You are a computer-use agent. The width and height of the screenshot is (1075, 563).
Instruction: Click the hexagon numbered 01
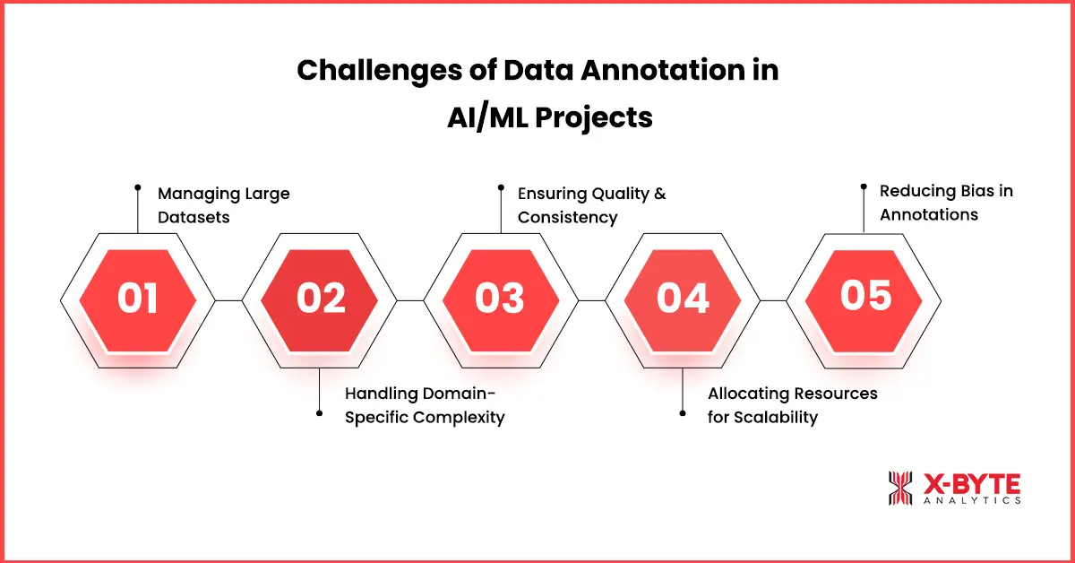[x=137, y=299]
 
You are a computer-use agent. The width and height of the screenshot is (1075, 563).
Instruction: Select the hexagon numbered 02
[x=321, y=299]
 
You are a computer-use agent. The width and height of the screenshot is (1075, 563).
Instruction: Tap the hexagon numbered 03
[x=500, y=299]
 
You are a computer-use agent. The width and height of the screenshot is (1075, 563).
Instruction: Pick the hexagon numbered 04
[x=683, y=299]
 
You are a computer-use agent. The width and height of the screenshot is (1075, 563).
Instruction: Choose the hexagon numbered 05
[x=864, y=296]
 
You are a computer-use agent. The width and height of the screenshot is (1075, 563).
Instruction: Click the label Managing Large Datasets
[x=223, y=204]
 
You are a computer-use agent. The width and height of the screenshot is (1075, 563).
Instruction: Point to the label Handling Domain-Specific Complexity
[x=424, y=405]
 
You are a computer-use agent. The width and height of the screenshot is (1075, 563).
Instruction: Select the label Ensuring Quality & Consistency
[x=590, y=205]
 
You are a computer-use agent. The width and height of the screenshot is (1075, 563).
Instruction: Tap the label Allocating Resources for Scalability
[x=792, y=405]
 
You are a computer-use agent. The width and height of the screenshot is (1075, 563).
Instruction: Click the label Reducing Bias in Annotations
[x=945, y=203]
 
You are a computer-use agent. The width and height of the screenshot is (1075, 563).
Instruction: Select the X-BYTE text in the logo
[x=971, y=484]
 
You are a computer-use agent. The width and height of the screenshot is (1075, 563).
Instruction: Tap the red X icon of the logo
[x=899, y=489]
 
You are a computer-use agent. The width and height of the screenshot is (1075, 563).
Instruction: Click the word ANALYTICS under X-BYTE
[x=971, y=501]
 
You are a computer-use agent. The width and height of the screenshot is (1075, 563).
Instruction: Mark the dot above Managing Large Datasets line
[x=137, y=187]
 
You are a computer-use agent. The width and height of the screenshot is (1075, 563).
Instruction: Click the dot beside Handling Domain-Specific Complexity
[x=320, y=413]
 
